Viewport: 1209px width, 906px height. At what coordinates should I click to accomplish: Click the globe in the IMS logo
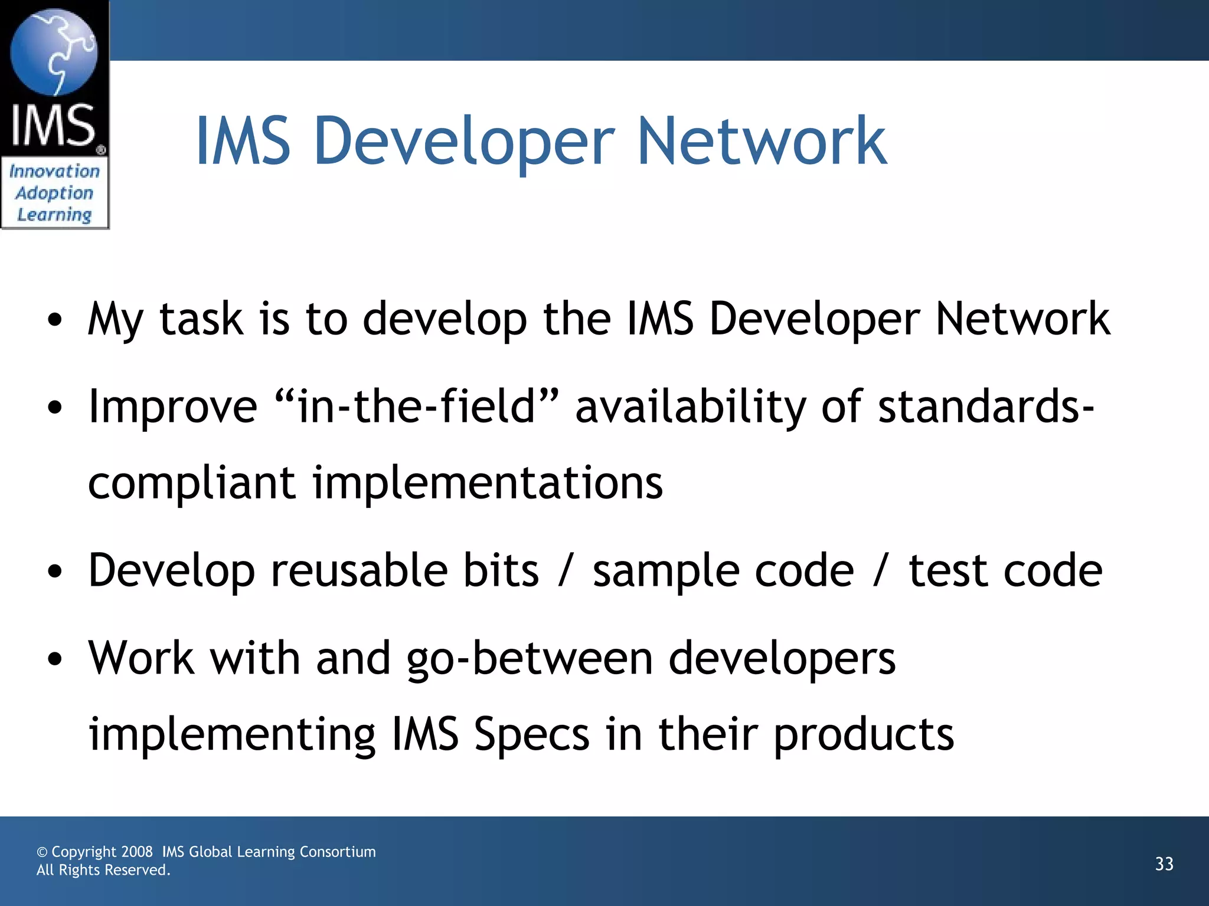click(x=54, y=52)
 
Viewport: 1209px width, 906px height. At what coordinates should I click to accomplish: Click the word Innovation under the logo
click(x=54, y=172)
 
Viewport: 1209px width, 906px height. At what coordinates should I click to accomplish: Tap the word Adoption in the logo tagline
click(x=54, y=193)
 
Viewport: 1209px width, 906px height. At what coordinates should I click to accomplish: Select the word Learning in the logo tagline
click(x=54, y=215)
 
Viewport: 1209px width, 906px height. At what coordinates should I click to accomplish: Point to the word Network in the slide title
click(x=762, y=142)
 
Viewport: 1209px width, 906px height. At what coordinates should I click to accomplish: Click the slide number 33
click(x=1164, y=864)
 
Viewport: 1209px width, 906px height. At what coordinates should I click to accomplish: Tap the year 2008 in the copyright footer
click(x=137, y=852)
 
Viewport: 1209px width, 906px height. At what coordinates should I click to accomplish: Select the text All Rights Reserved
click(x=103, y=871)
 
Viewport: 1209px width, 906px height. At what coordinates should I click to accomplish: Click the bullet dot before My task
click(x=55, y=321)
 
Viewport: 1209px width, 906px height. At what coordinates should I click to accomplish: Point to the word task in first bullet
click(x=201, y=319)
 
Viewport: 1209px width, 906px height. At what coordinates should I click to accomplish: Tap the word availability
click(x=690, y=408)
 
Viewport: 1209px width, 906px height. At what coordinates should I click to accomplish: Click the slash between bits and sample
click(x=566, y=572)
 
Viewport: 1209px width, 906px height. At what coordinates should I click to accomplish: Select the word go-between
click(x=530, y=659)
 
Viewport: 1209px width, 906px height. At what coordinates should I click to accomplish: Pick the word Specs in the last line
click(x=531, y=735)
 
